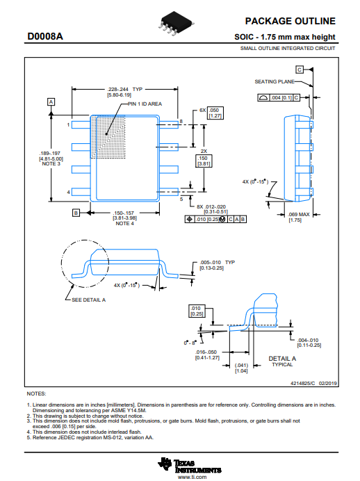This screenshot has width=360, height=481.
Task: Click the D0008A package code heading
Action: coord(45,36)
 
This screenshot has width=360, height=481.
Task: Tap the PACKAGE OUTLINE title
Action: coord(290,21)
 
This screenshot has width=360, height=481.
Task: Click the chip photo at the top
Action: coord(176,24)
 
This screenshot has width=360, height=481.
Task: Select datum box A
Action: coord(51,102)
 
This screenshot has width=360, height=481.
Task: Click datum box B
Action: coord(76,213)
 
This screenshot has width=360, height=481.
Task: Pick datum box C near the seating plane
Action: coord(300,70)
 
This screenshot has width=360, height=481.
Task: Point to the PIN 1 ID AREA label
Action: coord(145,104)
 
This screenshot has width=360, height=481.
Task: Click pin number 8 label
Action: coord(181,122)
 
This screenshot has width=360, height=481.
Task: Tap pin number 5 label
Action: coord(181,199)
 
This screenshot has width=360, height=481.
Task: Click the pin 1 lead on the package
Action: coord(81,125)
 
